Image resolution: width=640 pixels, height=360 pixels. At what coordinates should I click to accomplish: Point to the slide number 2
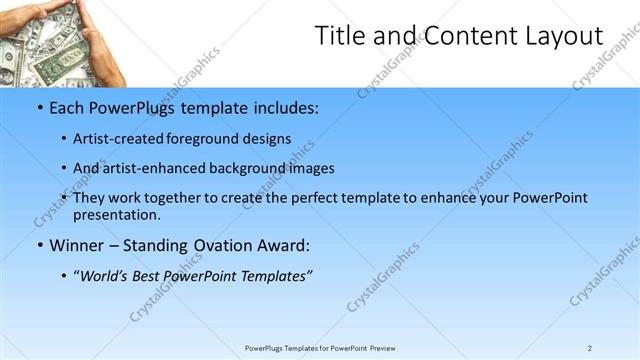[590, 348]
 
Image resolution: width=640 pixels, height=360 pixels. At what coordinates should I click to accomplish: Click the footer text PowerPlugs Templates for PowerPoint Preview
[320, 348]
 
